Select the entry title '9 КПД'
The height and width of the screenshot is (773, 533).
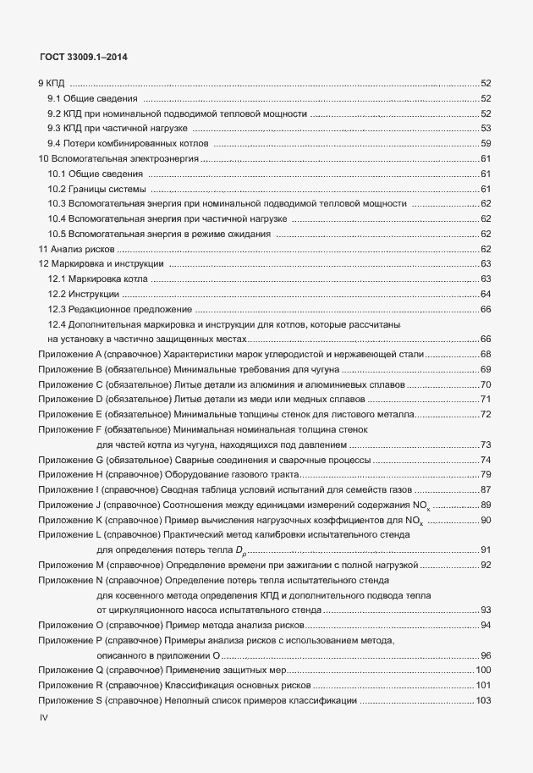click(52, 83)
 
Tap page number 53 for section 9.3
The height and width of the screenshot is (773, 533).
click(486, 128)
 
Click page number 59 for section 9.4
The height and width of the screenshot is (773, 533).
click(486, 143)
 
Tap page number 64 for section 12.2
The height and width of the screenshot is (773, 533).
click(486, 294)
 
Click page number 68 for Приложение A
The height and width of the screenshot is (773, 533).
click(486, 354)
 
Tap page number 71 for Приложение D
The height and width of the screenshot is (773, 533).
click(486, 399)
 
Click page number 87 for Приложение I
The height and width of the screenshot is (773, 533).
click(486, 489)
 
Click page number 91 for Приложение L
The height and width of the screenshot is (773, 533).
click(486, 550)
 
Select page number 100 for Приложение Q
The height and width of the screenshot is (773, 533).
click(484, 671)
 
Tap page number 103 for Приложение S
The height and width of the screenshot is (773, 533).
click(484, 701)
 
